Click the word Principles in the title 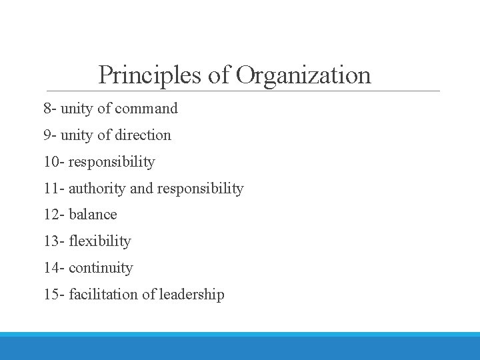150,75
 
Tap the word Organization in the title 303,75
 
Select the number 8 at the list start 47,108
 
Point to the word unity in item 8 77,108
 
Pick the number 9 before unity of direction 47,135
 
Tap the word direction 143,135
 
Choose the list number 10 51,161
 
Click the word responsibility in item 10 111,162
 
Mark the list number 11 51,188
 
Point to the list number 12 51,215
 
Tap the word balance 93,215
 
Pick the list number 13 51,241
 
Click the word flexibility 100,241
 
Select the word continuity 101,268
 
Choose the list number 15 51,295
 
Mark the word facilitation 104,295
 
